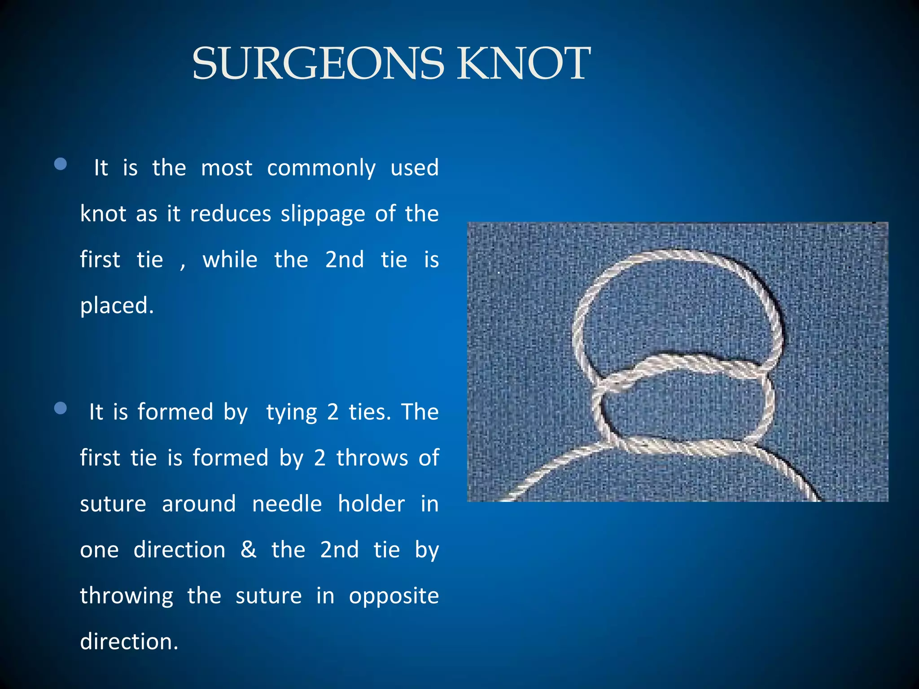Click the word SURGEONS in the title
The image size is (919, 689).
(318, 64)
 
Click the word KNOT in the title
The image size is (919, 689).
(523, 64)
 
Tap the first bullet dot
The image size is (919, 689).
(60, 164)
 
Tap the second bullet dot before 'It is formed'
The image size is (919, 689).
(60, 408)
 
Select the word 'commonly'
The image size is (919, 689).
(321, 169)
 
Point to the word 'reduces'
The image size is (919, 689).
(231, 214)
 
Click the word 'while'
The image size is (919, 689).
(230, 260)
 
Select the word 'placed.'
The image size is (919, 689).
(117, 306)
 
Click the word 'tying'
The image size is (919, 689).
(292, 413)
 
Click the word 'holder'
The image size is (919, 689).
(372, 504)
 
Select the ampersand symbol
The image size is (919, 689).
(249, 549)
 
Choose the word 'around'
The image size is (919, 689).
(199, 504)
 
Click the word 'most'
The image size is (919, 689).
(227, 168)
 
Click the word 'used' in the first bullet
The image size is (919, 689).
(414, 168)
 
